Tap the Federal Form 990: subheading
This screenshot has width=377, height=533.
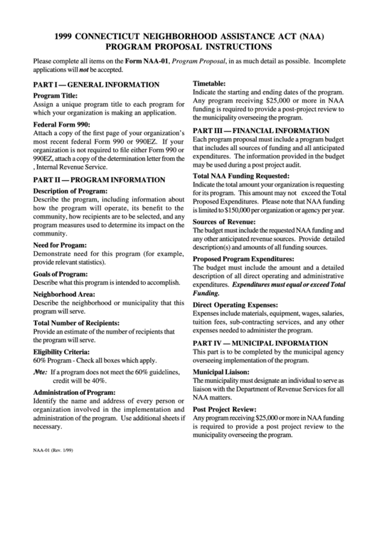(61, 125)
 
